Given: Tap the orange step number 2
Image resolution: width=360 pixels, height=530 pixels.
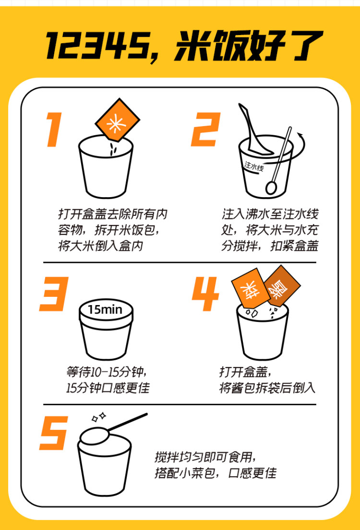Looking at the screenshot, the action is [x=206, y=130].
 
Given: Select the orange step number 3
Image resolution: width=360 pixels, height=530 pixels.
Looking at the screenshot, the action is [x=54, y=294].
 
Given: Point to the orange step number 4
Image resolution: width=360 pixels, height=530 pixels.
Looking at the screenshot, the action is [x=205, y=294].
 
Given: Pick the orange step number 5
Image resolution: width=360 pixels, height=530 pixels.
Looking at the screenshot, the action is [x=54, y=433].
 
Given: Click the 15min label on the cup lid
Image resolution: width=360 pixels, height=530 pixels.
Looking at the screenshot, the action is [x=105, y=309].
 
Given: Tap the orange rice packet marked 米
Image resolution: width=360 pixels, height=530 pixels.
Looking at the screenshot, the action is [x=117, y=119].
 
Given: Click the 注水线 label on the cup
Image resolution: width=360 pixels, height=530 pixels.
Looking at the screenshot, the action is [x=254, y=166].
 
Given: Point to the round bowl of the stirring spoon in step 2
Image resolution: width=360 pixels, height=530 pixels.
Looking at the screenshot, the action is [x=271, y=188].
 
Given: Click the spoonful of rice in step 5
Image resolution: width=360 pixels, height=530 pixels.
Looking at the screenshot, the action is [x=95, y=436].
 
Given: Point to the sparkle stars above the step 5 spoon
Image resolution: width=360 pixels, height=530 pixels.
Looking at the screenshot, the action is [x=99, y=416].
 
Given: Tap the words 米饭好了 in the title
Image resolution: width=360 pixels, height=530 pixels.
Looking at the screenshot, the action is [x=248, y=46].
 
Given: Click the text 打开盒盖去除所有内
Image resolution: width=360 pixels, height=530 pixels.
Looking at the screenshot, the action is [x=113, y=214].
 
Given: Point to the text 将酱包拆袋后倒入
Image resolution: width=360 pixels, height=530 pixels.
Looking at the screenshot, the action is [x=267, y=388].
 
